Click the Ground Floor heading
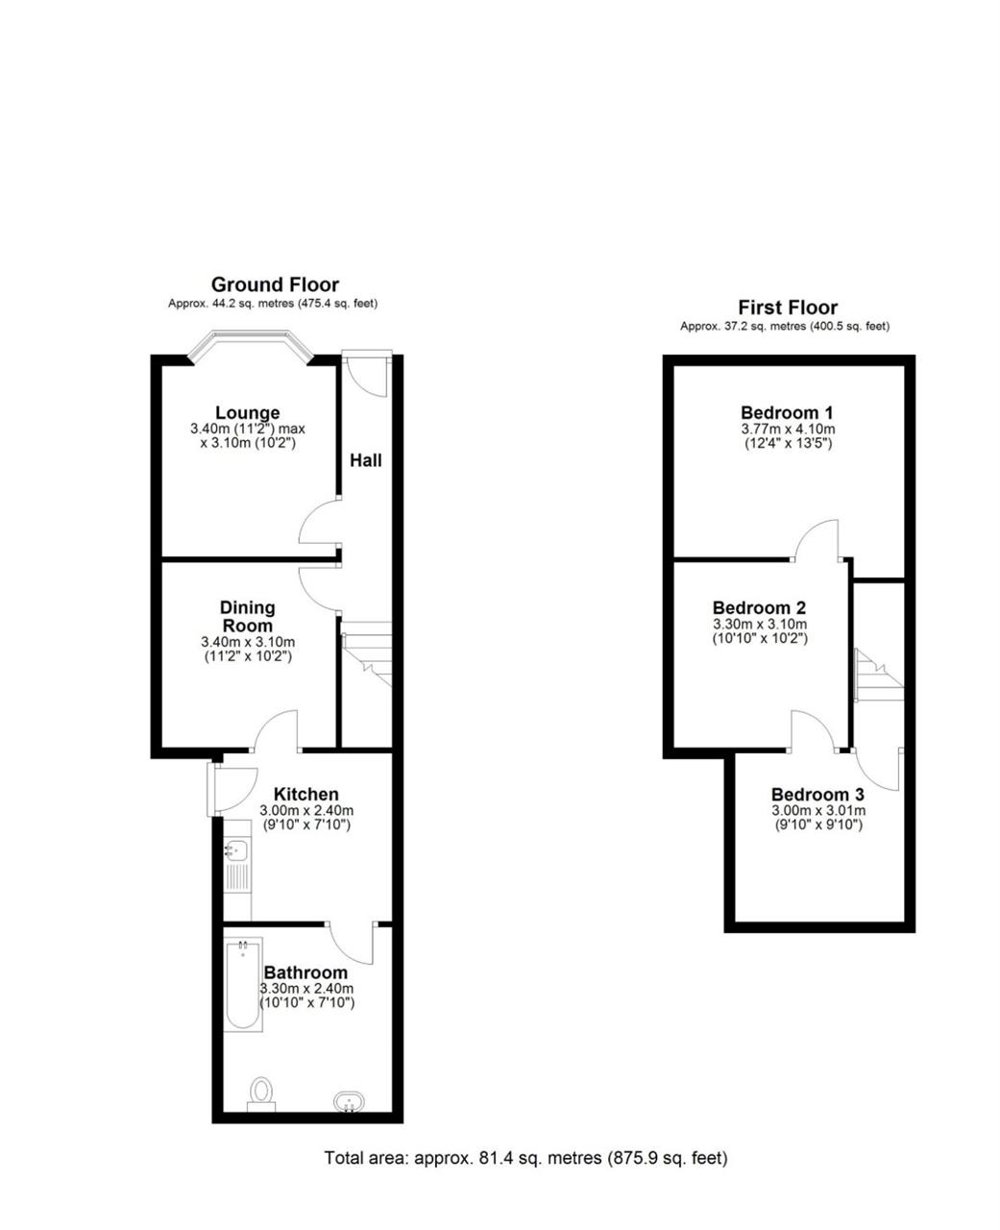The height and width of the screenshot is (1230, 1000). click(275, 284)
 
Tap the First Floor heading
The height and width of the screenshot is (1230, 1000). click(788, 307)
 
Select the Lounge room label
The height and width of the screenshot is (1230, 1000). click(248, 413)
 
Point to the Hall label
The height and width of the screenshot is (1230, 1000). click(365, 460)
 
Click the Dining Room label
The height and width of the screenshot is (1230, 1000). click(248, 616)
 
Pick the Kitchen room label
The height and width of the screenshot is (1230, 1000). click(306, 794)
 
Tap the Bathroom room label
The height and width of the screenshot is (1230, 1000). click(306, 972)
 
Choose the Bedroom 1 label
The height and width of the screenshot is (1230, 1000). click(787, 413)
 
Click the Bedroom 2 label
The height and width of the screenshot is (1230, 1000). click(759, 607)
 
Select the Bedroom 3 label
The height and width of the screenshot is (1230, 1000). click(817, 794)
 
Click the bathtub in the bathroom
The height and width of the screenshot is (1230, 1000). click(243, 984)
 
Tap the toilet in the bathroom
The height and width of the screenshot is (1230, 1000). click(261, 1095)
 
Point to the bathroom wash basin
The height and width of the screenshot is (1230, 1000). click(348, 1100)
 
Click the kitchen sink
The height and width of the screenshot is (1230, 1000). click(236, 865)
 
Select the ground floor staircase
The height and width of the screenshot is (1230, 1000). click(366, 653)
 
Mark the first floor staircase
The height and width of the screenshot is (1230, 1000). click(879, 675)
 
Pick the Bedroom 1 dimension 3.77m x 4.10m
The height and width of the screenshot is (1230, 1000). click(788, 429)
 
